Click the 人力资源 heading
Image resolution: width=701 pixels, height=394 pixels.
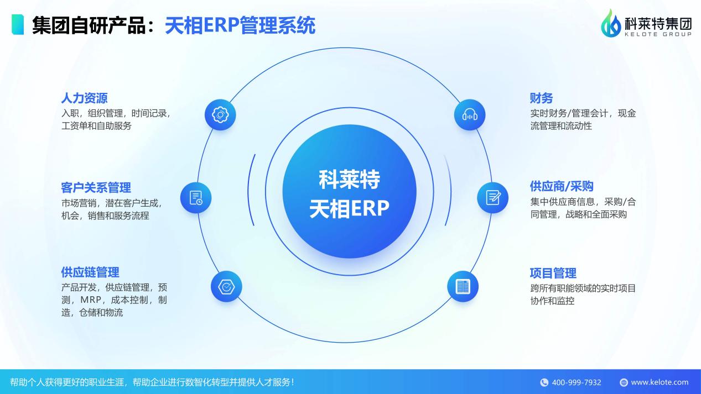click(x=84, y=98)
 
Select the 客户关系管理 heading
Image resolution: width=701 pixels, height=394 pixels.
click(x=96, y=187)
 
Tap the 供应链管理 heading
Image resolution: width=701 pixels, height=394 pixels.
click(x=90, y=272)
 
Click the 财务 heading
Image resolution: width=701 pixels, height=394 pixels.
click(x=541, y=98)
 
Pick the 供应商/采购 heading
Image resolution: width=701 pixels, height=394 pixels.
click(x=562, y=186)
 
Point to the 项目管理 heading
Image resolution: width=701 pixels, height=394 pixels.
click(x=553, y=273)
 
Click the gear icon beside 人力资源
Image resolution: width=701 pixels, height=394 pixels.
click(x=220, y=115)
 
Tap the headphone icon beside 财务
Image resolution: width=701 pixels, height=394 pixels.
click(x=469, y=115)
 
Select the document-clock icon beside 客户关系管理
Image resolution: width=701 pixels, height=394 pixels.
click(x=196, y=198)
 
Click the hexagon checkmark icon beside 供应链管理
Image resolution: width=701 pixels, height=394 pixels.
click(x=226, y=287)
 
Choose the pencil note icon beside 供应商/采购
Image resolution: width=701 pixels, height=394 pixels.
click(x=492, y=197)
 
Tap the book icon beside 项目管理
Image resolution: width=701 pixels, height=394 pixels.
click(x=463, y=286)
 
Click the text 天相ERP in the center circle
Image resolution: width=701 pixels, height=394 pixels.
click(x=349, y=209)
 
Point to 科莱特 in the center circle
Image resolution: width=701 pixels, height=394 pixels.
click(x=349, y=180)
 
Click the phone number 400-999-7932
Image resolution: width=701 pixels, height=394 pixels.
click(x=577, y=382)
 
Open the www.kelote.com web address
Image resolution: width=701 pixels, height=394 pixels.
click(x=660, y=382)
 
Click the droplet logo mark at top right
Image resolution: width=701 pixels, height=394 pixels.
click(x=611, y=24)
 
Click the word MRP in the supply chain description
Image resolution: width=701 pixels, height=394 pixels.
click(x=92, y=300)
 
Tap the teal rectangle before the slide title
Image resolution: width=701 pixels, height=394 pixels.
click(x=18, y=25)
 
